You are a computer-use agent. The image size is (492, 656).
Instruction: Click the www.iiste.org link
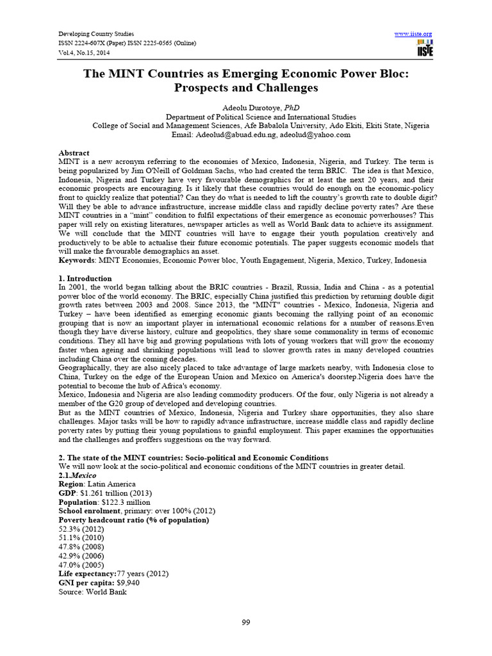(x=413, y=33)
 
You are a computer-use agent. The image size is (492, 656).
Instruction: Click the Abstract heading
(x=74, y=154)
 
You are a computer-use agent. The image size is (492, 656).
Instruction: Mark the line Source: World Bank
(x=92, y=592)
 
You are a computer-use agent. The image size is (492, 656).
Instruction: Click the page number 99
(x=246, y=623)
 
